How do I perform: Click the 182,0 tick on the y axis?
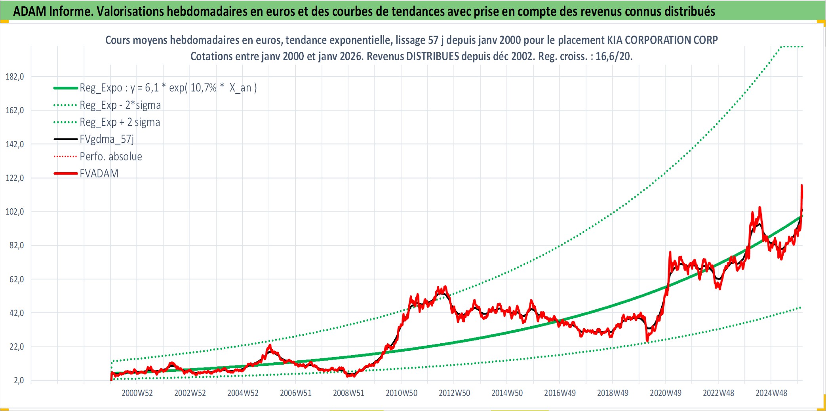click(15, 77)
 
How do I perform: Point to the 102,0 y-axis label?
click(15, 212)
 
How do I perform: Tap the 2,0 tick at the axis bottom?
click(19, 381)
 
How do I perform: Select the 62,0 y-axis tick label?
click(17, 280)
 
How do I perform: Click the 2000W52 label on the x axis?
click(137, 393)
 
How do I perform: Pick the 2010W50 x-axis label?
click(402, 393)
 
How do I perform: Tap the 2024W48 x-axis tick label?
click(771, 393)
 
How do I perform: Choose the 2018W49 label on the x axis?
click(613, 393)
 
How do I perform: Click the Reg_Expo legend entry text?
click(168, 88)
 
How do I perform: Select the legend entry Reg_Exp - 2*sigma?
click(120, 105)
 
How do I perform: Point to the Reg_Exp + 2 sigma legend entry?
click(120, 122)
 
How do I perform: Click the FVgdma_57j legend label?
click(107, 139)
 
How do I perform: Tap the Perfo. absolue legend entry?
click(111, 156)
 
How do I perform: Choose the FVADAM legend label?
click(99, 173)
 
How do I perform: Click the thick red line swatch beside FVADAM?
click(66, 173)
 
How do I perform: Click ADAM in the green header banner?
click(30, 11)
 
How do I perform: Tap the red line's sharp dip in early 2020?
click(647, 340)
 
